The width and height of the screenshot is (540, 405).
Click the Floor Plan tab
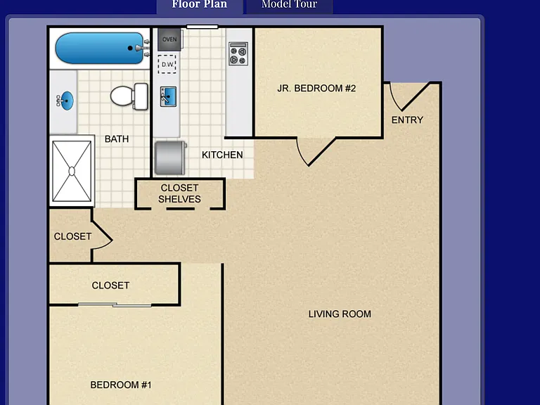[x=200, y=5]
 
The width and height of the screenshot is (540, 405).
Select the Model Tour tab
[x=289, y=5]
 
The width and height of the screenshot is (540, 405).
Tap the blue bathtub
[x=100, y=49]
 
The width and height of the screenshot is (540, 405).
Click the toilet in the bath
[x=129, y=96]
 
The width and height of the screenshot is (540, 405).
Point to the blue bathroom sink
[x=65, y=101]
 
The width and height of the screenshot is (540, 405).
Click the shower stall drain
[x=72, y=171]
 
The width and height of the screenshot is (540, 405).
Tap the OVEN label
[x=169, y=39]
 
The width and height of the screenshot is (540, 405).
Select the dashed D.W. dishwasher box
[x=167, y=64]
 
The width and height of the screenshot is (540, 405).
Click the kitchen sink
[x=169, y=96]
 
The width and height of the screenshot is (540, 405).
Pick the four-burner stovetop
[x=238, y=54]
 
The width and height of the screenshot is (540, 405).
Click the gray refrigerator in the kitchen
[x=170, y=158]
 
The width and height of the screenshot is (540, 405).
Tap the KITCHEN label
[x=222, y=155]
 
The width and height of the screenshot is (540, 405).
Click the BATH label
[x=117, y=139]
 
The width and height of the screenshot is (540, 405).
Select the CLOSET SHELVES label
[x=179, y=193]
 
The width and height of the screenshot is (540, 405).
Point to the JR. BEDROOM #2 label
[x=316, y=89]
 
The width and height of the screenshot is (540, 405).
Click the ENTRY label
[x=407, y=120]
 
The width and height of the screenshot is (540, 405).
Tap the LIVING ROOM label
[x=340, y=314]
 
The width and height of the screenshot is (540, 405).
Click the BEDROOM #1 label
[x=121, y=385]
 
